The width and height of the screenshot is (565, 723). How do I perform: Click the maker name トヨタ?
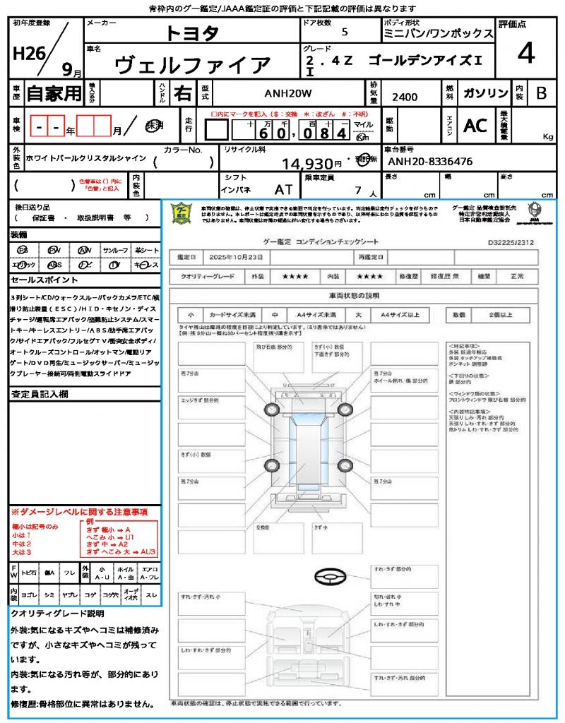pyautogui.click(x=192, y=33)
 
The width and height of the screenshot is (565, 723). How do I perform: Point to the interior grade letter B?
pyautogui.click(x=541, y=93)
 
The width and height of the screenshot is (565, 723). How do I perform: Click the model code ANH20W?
pyautogui.click(x=287, y=93)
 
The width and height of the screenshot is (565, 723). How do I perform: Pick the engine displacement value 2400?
pyautogui.click(x=405, y=97)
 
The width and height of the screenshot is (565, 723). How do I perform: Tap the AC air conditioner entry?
pyautogui.click(x=475, y=126)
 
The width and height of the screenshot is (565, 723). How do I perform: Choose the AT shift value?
pyautogui.click(x=284, y=189)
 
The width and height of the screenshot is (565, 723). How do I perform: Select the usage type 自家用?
pyautogui.click(x=54, y=92)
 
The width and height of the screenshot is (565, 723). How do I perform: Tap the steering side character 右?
pyautogui.click(x=182, y=92)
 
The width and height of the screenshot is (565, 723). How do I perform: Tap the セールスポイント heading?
pyautogui.click(x=37, y=280)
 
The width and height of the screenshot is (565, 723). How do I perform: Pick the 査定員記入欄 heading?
pyautogui.click(x=39, y=394)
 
